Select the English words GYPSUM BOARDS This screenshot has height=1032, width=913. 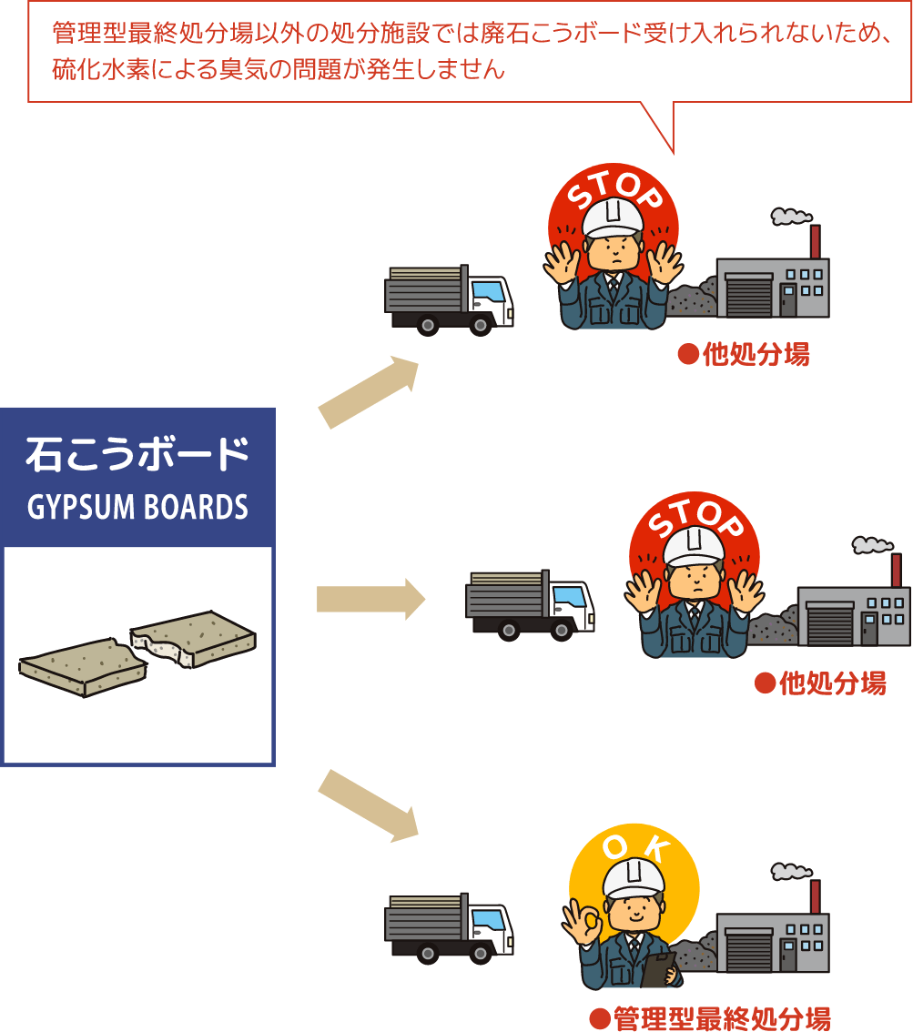tap(137, 507)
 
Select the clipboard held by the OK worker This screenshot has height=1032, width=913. tap(658, 970)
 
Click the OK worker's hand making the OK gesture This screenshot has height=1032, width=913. tap(583, 924)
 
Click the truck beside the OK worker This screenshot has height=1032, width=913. tap(448, 927)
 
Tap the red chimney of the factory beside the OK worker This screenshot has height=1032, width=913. tap(815, 895)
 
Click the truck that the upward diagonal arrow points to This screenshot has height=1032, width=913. tap(448, 299)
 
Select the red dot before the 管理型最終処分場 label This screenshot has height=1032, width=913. tap(598, 1017)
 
